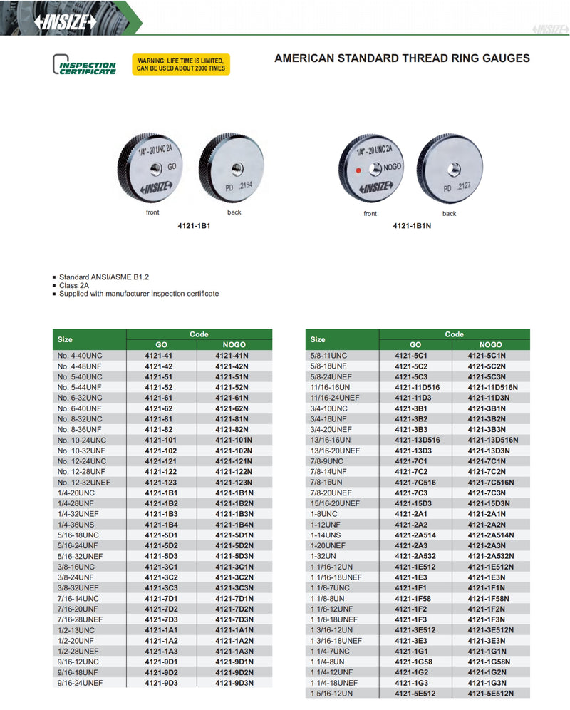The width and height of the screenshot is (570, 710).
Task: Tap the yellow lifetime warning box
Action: tap(181, 64)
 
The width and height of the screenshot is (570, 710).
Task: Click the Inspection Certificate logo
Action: tap(85, 65)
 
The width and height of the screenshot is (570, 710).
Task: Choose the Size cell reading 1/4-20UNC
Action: tap(76, 493)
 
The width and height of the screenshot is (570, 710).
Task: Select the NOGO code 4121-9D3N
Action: tap(234, 683)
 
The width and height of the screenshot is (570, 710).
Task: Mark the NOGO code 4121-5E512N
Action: tap(490, 693)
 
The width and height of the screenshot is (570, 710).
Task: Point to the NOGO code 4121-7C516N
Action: tap(492, 483)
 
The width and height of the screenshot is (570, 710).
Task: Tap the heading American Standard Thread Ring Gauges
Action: tap(402, 58)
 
